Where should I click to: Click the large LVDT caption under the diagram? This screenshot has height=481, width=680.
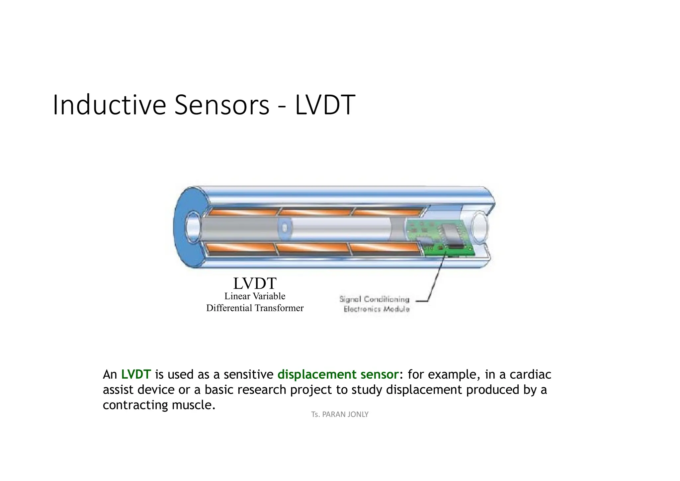pos(255,283)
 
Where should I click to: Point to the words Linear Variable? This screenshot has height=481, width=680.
pos(255,296)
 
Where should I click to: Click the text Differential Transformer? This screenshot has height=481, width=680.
pos(255,308)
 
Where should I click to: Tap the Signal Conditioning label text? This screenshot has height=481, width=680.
pos(374,299)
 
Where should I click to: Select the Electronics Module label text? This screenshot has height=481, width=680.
pos(377,309)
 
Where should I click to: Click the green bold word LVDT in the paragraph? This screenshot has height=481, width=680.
pos(136,374)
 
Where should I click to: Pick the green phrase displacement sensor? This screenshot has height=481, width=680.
pos(338,374)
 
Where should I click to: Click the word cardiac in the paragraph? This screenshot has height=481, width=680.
pos(530,374)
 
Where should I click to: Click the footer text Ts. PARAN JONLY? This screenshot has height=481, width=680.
pos(340,414)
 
